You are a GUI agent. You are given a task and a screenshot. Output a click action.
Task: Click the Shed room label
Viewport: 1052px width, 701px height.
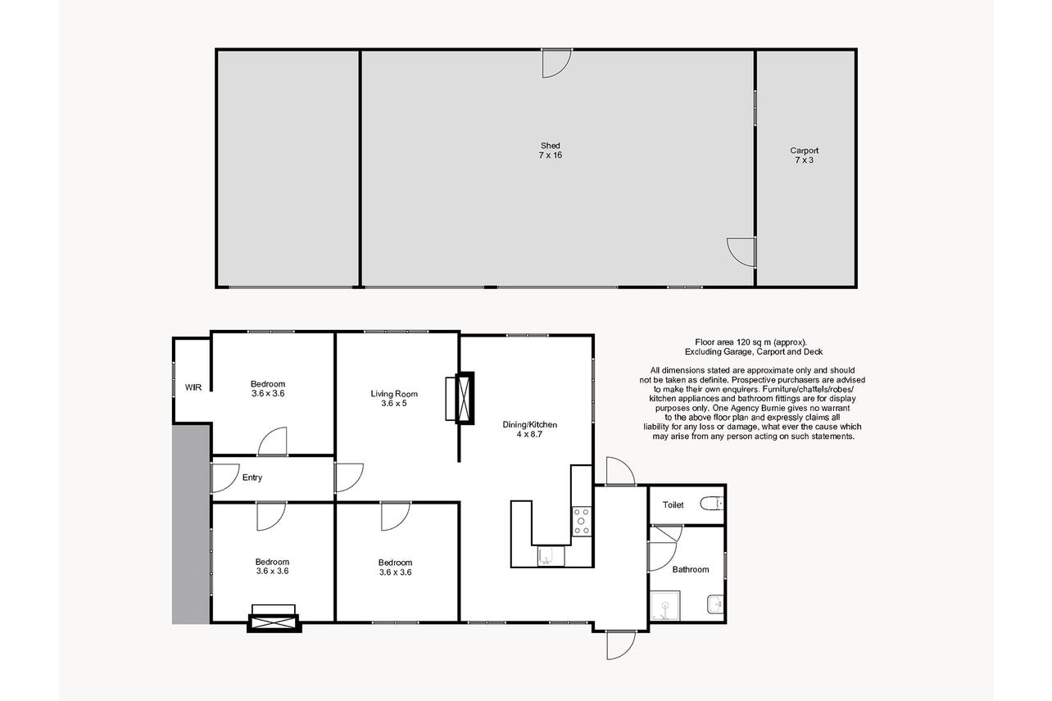(550, 146)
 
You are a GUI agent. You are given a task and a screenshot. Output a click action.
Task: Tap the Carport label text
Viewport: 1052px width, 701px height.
(804, 151)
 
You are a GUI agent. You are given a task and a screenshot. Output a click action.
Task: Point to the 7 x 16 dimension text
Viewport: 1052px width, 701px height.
(550, 156)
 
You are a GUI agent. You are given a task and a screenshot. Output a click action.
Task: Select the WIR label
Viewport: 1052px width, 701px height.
(193, 387)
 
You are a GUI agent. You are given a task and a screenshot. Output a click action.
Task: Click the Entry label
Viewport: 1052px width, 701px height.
(252, 477)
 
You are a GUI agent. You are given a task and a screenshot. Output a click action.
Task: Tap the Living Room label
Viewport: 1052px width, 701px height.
(394, 394)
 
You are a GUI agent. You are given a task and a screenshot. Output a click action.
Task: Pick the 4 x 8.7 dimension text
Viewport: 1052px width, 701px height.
(530, 434)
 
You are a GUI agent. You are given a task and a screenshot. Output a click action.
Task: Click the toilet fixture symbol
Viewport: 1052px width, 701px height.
(712, 504)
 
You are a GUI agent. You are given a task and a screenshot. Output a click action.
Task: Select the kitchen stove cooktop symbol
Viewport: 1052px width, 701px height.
(582, 521)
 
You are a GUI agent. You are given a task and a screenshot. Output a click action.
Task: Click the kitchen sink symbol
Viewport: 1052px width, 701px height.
(551, 556)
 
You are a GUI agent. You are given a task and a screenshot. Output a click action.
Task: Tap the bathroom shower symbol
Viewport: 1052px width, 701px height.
(665, 605)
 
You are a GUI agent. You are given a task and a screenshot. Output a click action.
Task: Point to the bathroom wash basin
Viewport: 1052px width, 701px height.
(714, 604)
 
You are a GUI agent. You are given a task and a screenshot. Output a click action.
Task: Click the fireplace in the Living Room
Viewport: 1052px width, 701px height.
(460, 398)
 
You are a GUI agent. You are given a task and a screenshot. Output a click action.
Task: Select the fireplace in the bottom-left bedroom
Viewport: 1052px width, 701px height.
(274, 618)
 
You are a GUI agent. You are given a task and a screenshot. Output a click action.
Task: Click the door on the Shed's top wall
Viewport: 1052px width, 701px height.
(556, 63)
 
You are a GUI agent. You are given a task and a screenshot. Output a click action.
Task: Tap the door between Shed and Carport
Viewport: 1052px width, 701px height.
(741, 252)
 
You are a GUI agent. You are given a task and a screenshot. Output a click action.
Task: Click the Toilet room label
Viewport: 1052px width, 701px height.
(673, 504)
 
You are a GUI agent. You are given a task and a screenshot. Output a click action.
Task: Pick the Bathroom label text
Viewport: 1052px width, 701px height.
(691, 569)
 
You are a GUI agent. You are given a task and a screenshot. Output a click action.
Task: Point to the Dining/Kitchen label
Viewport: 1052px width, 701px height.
(530, 424)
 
